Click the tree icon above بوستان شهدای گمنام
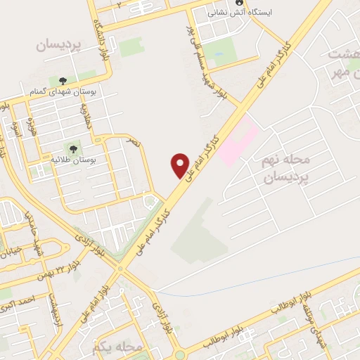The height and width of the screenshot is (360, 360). [63, 81]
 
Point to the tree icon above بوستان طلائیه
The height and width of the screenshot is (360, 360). [72, 148]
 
